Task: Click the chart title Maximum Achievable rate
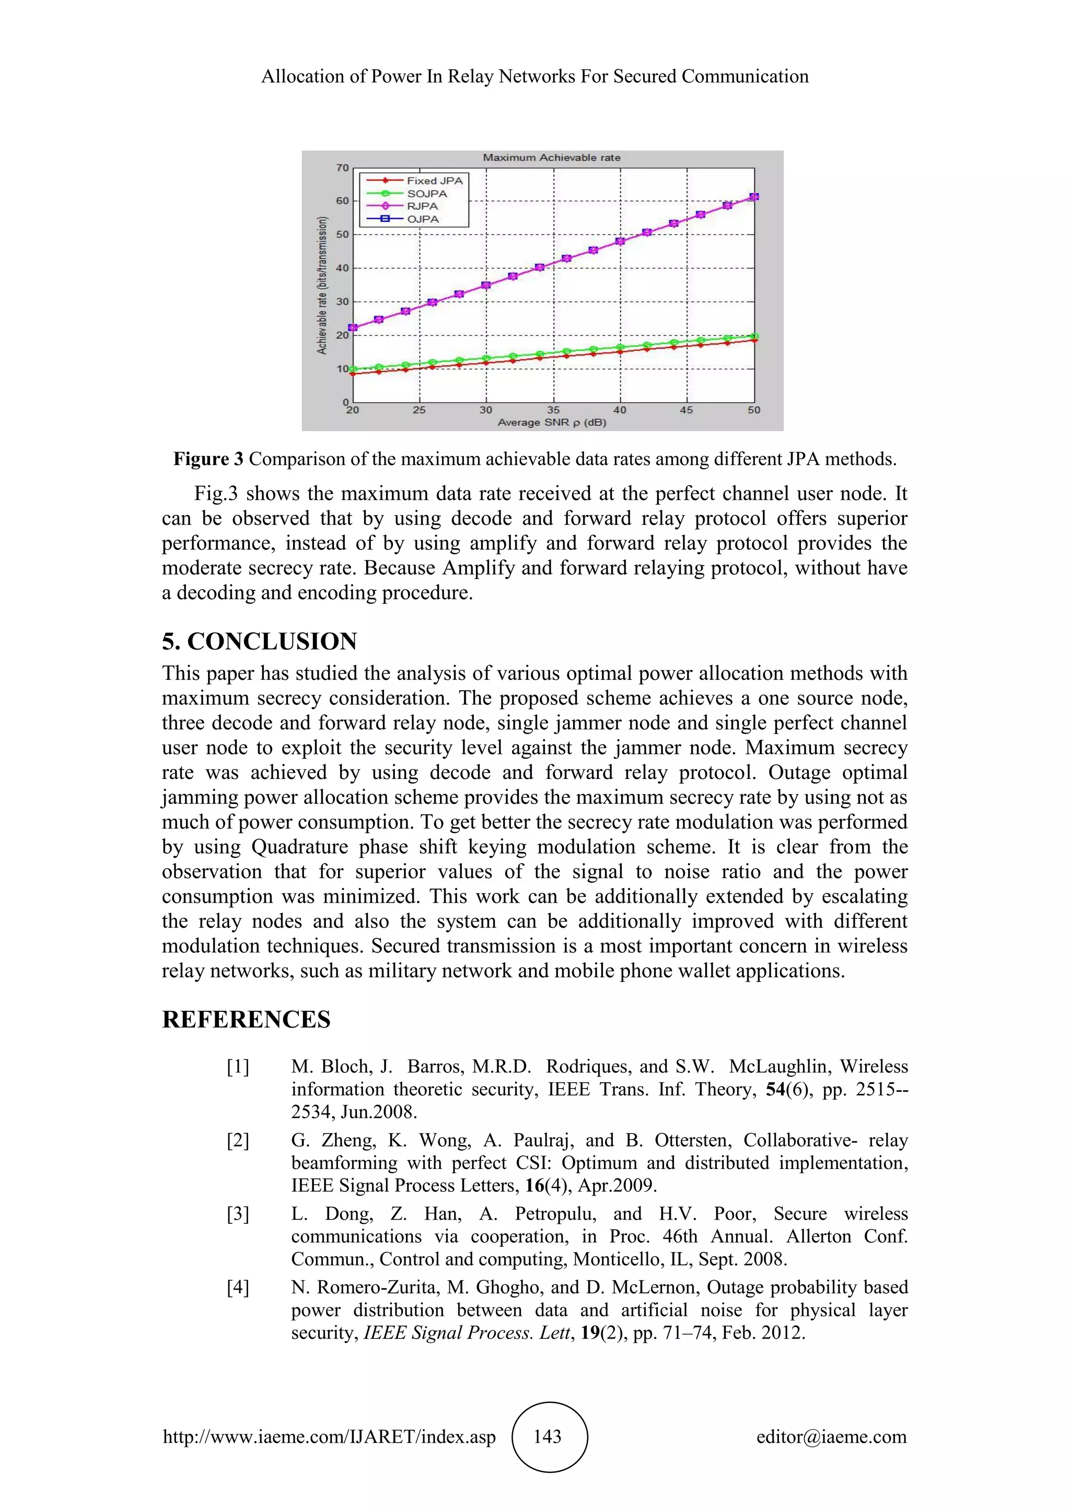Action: click(552, 157)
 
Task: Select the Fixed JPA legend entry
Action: click(434, 181)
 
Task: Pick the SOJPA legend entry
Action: click(427, 194)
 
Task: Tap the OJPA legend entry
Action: click(422, 219)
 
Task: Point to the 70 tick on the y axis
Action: click(342, 168)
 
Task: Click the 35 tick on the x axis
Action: click(553, 410)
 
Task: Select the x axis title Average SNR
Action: click(552, 422)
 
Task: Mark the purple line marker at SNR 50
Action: click(754, 197)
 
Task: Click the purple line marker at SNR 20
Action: click(353, 327)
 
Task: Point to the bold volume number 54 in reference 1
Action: click(775, 1090)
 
